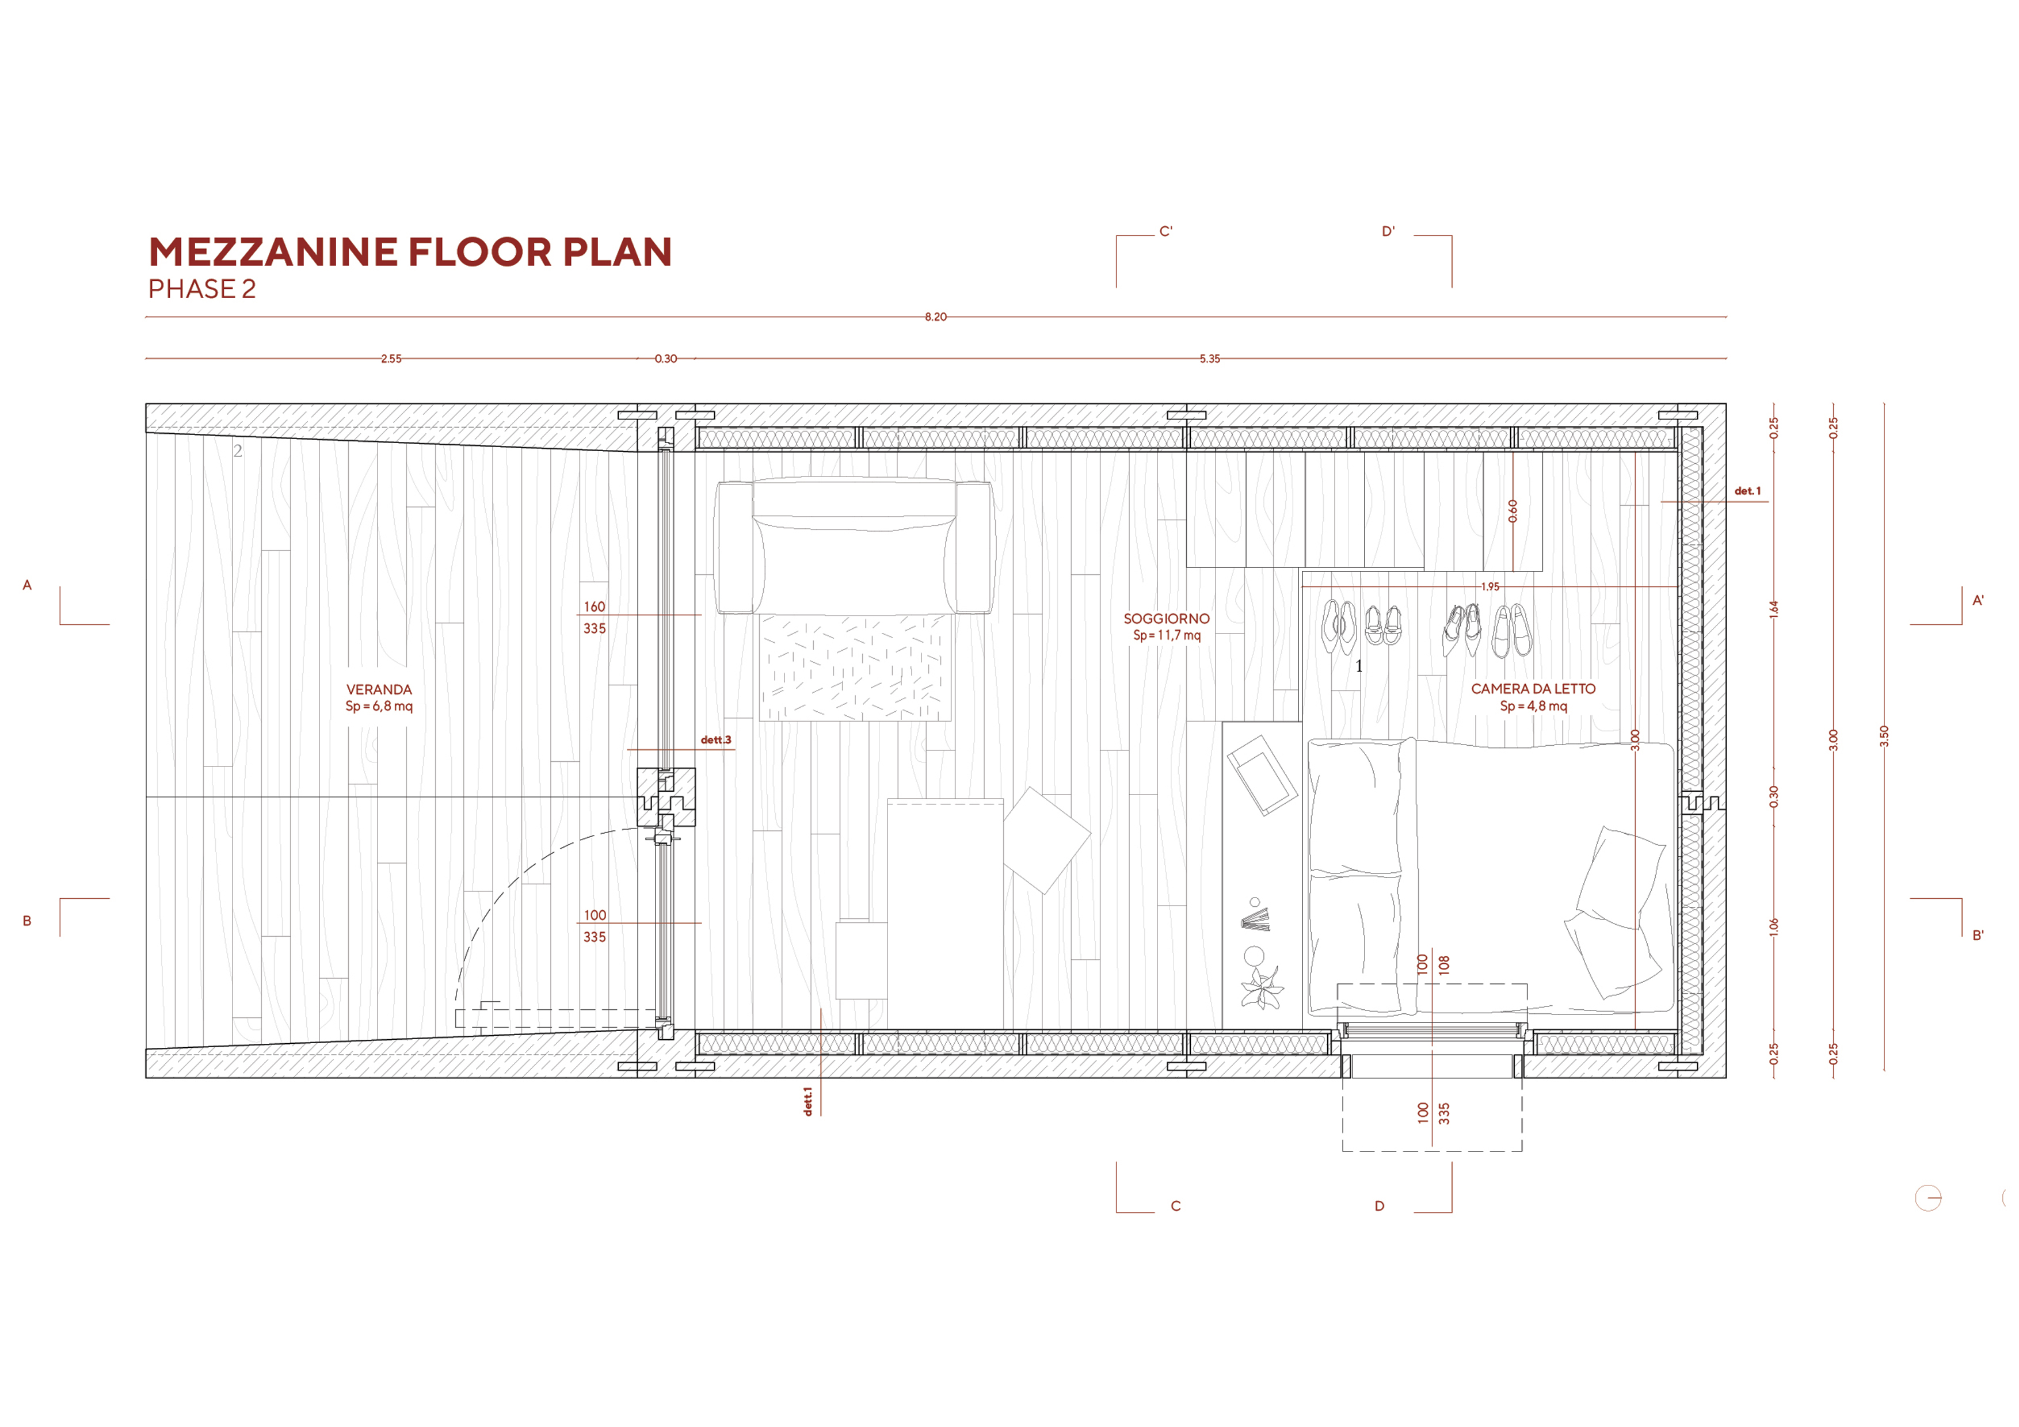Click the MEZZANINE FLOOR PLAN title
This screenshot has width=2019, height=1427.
point(410,253)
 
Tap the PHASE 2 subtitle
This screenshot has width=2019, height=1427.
point(201,289)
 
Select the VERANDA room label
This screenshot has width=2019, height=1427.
point(379,689)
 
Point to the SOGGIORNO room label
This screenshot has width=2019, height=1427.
point(1166,619)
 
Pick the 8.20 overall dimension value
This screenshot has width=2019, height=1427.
point(936,316)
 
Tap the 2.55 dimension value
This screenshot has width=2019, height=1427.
point(391,358)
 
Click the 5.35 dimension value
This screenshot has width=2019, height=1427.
point(1210,358)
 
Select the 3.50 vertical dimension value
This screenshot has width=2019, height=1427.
point(1884,736)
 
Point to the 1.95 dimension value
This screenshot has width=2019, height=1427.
point(1490,586)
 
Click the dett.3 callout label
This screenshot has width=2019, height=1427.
point(716,739)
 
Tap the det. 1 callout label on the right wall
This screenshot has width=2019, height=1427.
point(1747,491)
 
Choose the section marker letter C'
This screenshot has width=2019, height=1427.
point(1166,231)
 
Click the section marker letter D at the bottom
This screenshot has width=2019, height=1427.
point(1379,1205)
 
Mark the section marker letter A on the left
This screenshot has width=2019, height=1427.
point(27,585)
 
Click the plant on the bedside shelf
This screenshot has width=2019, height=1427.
point(1262,987)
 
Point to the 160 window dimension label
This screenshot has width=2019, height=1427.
point(595,606)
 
